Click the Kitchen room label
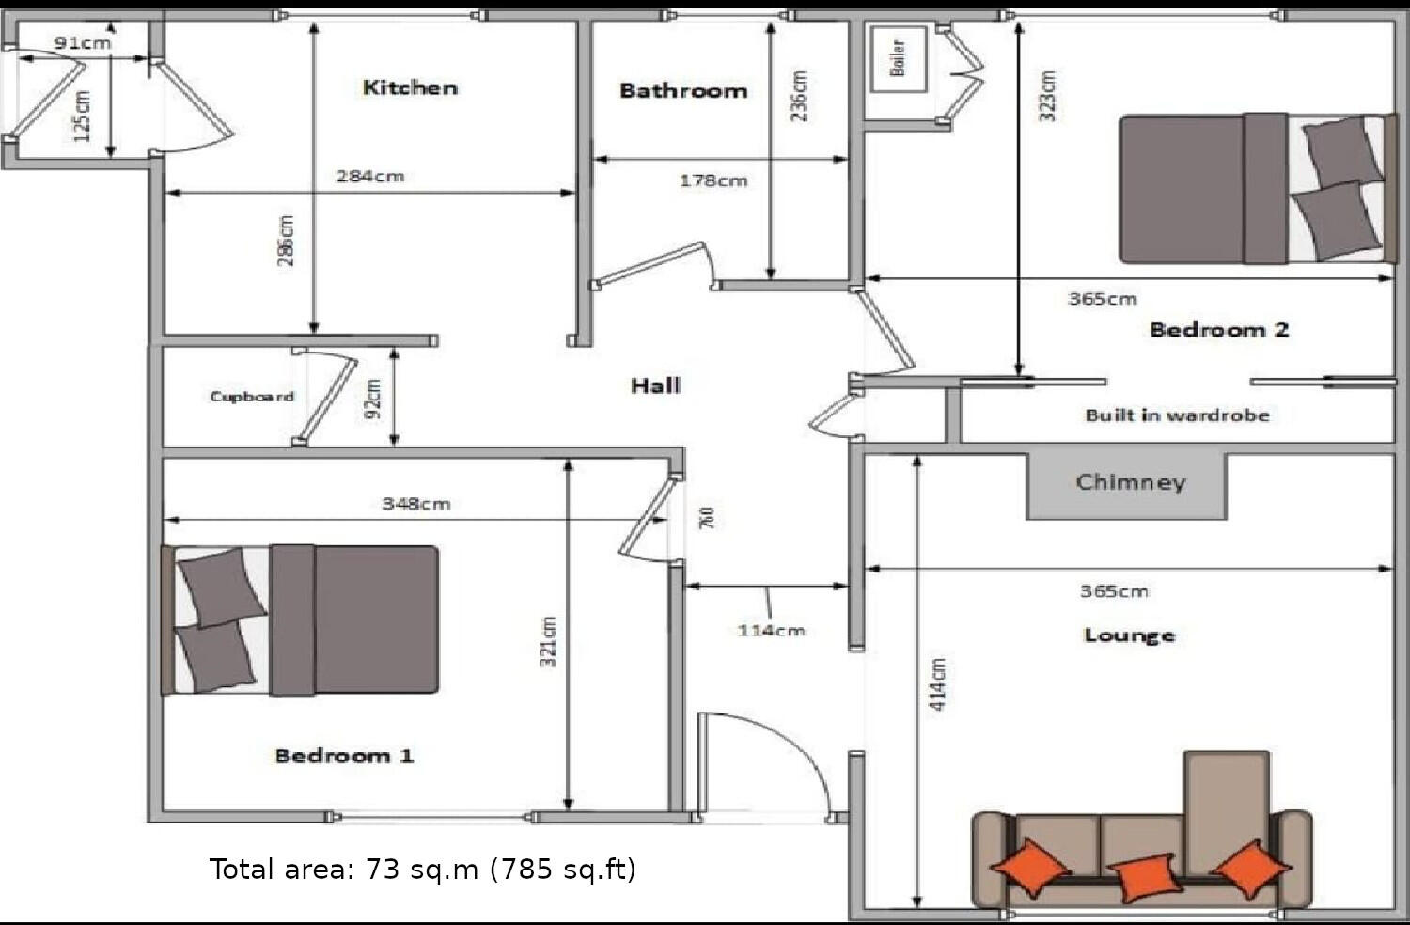click(x=410, y=87)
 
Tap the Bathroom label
click(x=683, y=91)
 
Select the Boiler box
click(x=899, y=58)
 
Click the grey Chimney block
click(x=1127, y=484)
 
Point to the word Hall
click(x=655, y=385)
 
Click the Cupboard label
click(x=252, y=397)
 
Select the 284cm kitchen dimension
click(x=370, y=176)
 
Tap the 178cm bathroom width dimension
click(x=713, y=180)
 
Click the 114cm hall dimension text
click(x=771, y=630)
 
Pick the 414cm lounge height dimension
click(x=938, y=683)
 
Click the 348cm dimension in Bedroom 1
click(x=415, y=504)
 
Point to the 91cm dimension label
click(x=83, y=43)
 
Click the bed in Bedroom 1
click(x=301, y=619)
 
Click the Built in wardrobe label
click(x=1177, y=415)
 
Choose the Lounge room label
click(x=1129, y=635)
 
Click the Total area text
click(x=422, y=869)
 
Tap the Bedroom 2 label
click(x=1219, y=330)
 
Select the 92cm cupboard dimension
click(x=373, y=399)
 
